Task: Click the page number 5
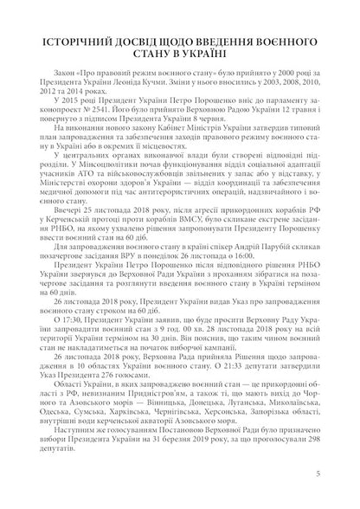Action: point(319,474)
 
